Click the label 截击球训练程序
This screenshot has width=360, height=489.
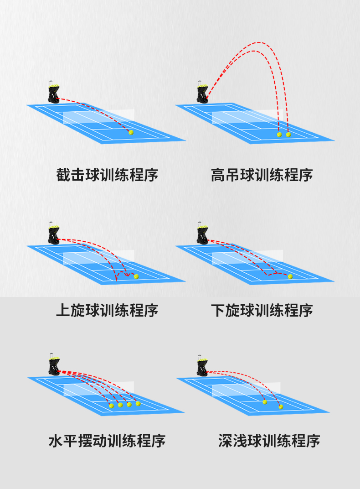tap(107, 175)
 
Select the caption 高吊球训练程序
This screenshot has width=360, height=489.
tap(262, 175)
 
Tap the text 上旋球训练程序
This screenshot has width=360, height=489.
tap(107, 311)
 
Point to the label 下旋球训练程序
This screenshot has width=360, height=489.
tap(262, 311)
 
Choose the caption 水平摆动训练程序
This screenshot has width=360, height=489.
tap(107, 441)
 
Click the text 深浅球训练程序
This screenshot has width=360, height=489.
tap(269, 441)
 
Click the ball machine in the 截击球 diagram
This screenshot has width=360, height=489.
tap(53, 92)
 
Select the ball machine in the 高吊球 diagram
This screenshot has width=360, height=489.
tap(202, 92)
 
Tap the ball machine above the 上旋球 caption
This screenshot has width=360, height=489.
tap(53, 233)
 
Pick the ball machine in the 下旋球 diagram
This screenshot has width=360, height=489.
tap(202, 233)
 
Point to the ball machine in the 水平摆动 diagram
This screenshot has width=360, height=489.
tap(54, 364)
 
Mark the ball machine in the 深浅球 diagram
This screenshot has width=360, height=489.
tap(202, 365)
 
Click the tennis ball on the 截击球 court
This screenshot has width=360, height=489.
tap(131, 133)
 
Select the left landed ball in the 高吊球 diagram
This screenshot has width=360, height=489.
tap(279, 135)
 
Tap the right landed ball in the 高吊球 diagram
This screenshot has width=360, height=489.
tap(288, 135)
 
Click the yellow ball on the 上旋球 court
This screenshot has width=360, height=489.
tap(136, 276)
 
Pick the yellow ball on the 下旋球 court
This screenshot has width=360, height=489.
tap(290, 276)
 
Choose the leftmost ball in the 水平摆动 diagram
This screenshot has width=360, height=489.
tap(112, 406)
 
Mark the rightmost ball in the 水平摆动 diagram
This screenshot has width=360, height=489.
tap(138, 404)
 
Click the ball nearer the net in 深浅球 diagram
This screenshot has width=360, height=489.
tap(265, 402)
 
